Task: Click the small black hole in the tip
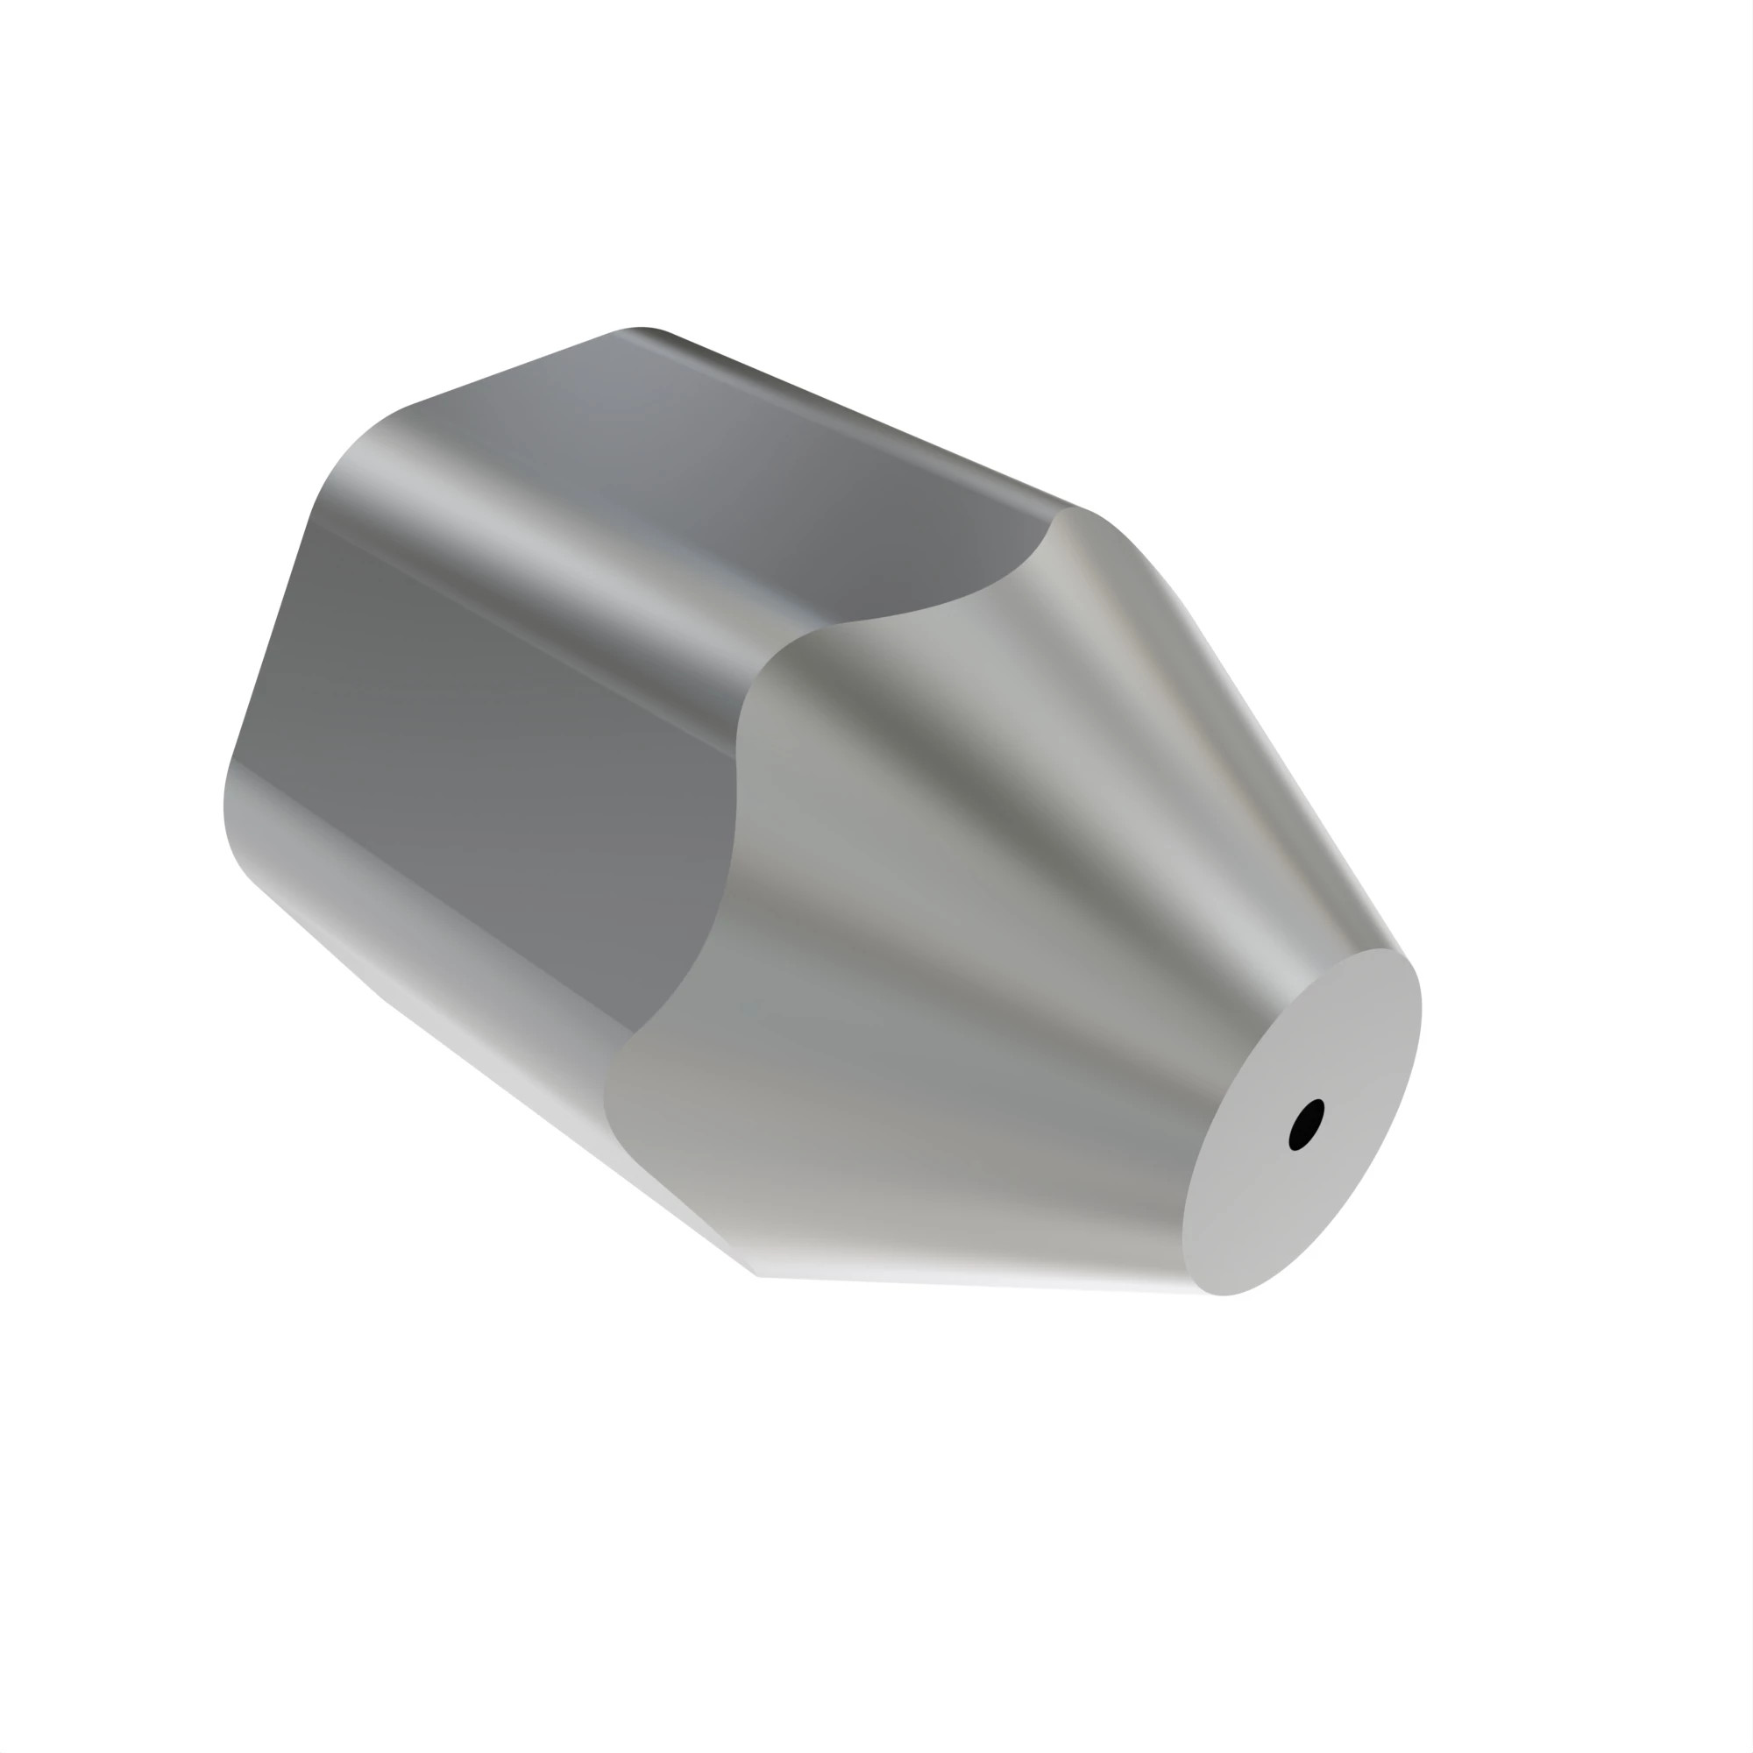[x=1306, y=1125]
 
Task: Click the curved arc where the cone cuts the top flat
[x=953, y=602]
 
